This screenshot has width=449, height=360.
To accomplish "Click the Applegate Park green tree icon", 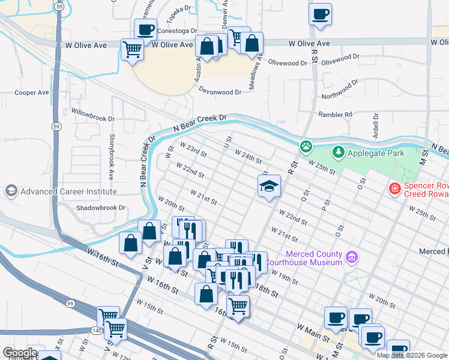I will click(339, 152).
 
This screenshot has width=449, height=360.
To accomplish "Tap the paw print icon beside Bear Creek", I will click(306, 146).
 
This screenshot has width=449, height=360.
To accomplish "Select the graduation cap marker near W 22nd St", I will click(270, 185).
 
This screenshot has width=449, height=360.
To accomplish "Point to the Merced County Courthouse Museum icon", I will click(352, 258).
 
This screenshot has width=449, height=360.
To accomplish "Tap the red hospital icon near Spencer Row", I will click(394, 189).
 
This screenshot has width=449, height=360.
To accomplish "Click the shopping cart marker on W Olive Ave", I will click(131, 49).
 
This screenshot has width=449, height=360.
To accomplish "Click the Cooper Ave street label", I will click(32, 93).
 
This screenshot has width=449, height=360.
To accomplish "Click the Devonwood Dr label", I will click(220, 92).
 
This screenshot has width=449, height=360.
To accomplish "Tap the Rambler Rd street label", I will click(340, 114).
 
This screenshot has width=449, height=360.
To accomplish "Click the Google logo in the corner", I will click(19, 353).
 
